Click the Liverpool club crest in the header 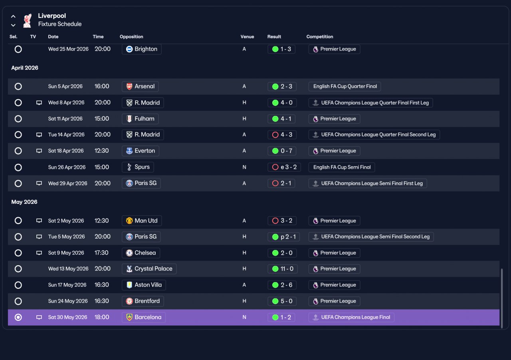28,20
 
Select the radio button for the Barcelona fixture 18,317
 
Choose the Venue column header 247,36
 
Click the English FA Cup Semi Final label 342,167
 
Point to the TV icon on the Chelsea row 39,253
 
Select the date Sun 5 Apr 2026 65,87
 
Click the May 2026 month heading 24,202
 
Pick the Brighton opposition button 142,49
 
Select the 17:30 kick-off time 101,253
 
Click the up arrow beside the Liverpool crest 13,16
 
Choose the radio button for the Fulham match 18,119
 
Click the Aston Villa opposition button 144,285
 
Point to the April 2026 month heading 25,68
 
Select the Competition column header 320,36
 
